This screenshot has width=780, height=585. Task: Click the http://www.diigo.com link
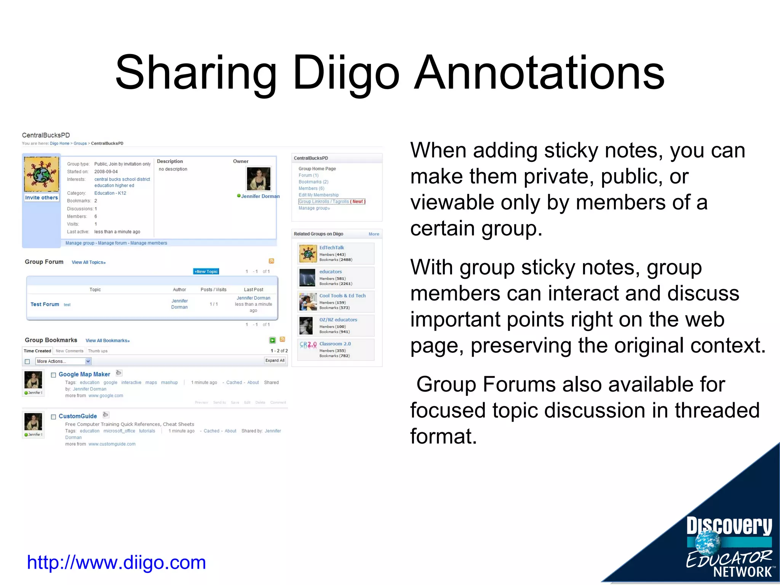click(116, 563)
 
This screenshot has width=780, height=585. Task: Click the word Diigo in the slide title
click(346, 72)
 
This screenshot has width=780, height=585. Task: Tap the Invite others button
click(42, 198)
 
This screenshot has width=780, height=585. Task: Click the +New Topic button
click(206, 272)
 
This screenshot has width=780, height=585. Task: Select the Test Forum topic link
click(45, 304)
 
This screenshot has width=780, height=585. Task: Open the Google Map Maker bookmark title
click(84, 374)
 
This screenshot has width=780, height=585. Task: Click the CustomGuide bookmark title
click(78, 416)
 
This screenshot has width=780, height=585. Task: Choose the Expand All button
click(275, 360)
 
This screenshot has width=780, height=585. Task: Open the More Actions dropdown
click(63, 361)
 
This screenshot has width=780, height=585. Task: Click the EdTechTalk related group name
click(331, 248)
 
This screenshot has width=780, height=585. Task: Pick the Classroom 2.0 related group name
click(335, 344)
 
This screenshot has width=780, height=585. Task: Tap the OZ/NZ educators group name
click(338, 320)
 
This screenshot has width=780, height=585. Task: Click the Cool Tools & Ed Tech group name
click(342, 296)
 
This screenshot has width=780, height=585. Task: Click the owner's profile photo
click(259, 179)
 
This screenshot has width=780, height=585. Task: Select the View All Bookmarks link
click(107, 340)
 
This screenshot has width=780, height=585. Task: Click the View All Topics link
click(88, 262)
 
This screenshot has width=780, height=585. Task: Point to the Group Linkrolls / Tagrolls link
click(324, 201)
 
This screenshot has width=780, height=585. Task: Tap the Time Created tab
click(37, 351)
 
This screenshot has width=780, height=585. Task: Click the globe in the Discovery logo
click(708, 543)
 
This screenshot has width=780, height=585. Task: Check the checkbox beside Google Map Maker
click(54, 375)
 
